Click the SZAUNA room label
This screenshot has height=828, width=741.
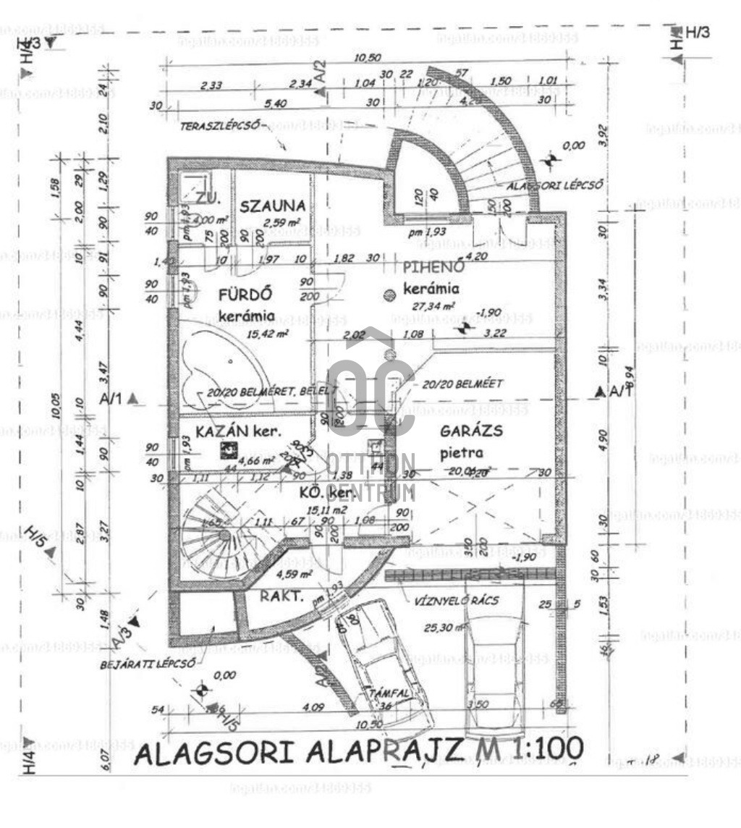point(273,206)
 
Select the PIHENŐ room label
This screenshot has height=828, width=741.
point(433,266)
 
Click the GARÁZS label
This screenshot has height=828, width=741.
point(471,431)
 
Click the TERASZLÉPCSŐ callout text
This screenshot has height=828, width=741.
point(219,125)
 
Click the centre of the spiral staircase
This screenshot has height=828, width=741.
point(224,536)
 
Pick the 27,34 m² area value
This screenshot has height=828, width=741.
point(433,306)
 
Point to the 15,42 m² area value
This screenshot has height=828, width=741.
point(268,334)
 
